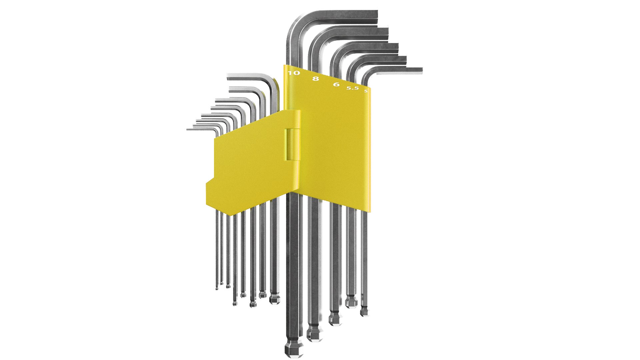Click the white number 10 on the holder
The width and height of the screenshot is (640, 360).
[x=294, y=73]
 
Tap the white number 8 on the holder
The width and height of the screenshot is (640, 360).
[x=315, y=79]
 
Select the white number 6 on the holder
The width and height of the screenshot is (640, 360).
[x=336, y=84]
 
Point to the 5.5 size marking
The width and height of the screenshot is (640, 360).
[x=352, y=88]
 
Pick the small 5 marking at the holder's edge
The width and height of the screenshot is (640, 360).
[x=366, y=91]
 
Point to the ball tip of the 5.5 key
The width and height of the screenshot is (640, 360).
[x=351, y=302]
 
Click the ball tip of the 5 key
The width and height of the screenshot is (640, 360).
[x=364, y=311]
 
